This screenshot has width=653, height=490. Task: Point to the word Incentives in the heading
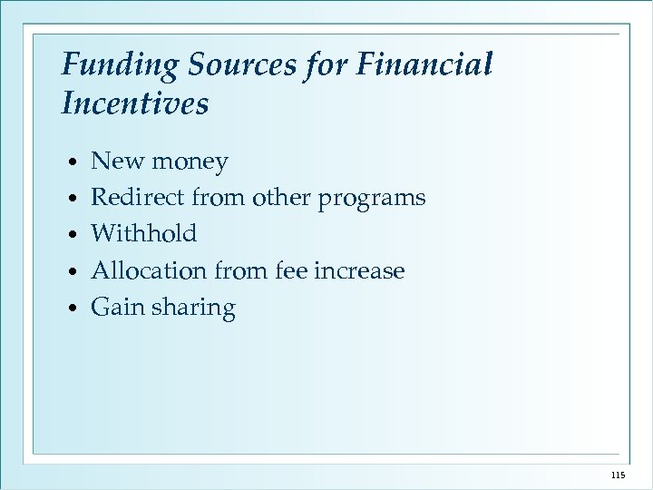point(134,103)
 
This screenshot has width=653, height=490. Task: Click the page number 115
point(619,475)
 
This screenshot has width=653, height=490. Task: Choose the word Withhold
point(144,234)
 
